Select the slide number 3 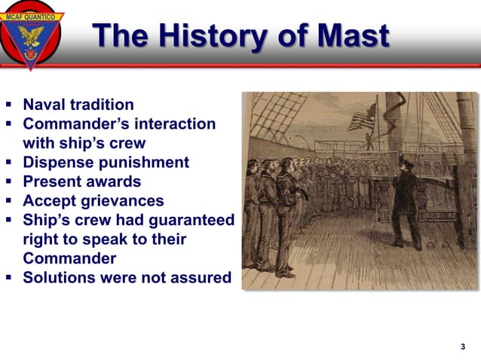pyautogui.click(x=462, y=346)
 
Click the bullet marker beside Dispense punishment pyautogui.click(x=9, y=163)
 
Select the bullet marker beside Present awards pyautogui.click(x=9, y=182)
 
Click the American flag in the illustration pyautogui.click(x=361, y=117)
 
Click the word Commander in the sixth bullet pyautogui.click(x=69, y=258)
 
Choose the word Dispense pyautogui.click(x=56, y=162)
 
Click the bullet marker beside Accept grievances pyautogui.click(x=9, y=201)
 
